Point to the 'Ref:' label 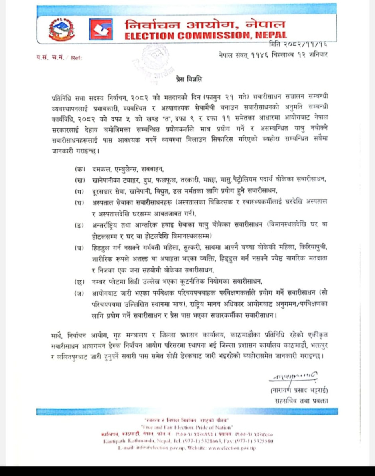pos(76,58)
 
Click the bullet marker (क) pos(80,169)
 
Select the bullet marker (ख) pos(80,180)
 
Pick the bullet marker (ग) pos(80,191)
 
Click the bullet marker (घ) pos(80,202)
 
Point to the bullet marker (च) pos(80,248)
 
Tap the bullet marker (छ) pos(80,282)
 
